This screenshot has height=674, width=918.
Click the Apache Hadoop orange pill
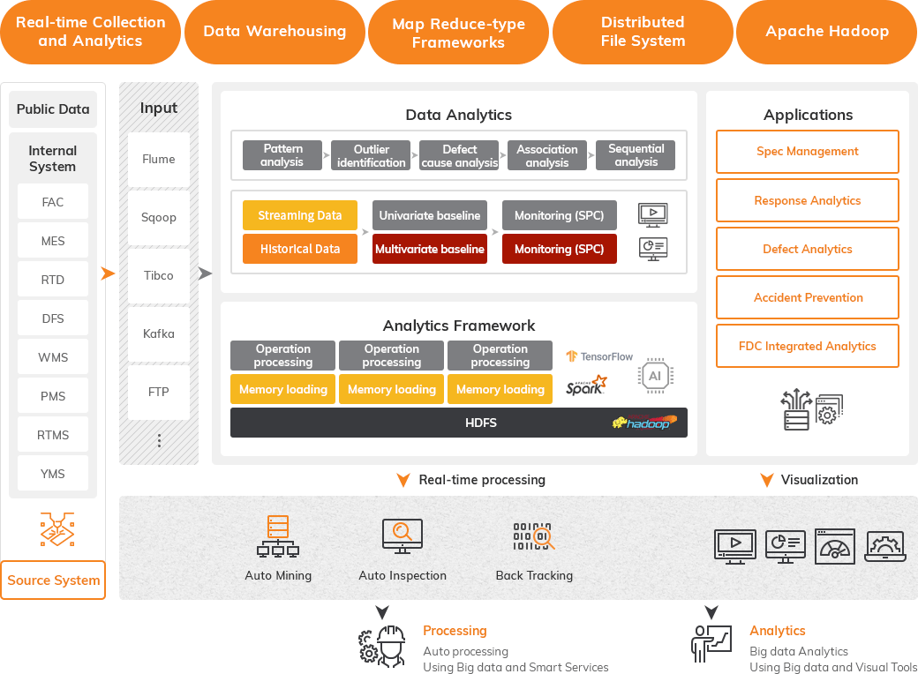pyautogui.click(x=827, y=32)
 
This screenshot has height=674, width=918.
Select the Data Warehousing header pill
pyautogui.click(x=275, y=32)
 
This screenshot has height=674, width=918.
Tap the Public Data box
pyautogui.click(x=53, y=109)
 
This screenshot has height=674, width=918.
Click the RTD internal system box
pyautogui.click(x=53, y=280)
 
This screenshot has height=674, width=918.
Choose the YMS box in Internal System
pyautogui.click(x=53, y=474)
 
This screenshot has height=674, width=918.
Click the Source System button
pyautogui.click(x=53, y=580)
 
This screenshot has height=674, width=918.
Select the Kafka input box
pyautogui.click(x=159, y=333)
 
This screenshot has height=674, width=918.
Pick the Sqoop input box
pyautogui.click(x=159, y=217)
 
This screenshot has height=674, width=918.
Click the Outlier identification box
pyautogui.click(x=371, y=156)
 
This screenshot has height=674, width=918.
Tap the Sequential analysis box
pyautogui.click(x=636, y=156)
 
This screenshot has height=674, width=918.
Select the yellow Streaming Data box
pyautogui.click(x=300, y=215)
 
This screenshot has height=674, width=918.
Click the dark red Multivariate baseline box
pyautogui.click(x=430, y=249)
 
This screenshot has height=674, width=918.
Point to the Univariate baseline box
pyautogui.click(x=430, y=215)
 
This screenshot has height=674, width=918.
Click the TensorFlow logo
pyautogui.click(x=600, y=356)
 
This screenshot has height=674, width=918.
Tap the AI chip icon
pyautogui.click(x=655, y=376)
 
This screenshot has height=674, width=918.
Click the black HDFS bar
pyautogui.click(x=459, y=423)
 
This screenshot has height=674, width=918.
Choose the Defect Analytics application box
pyautogui.click(x=808, y=249)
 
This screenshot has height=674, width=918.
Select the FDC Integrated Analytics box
pyautogui.click(x=808, y=346)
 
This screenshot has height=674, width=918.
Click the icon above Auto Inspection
pyautogui.click(x=402, y=536)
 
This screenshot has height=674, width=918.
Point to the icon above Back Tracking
pyautogui.click(x=533, y=536)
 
